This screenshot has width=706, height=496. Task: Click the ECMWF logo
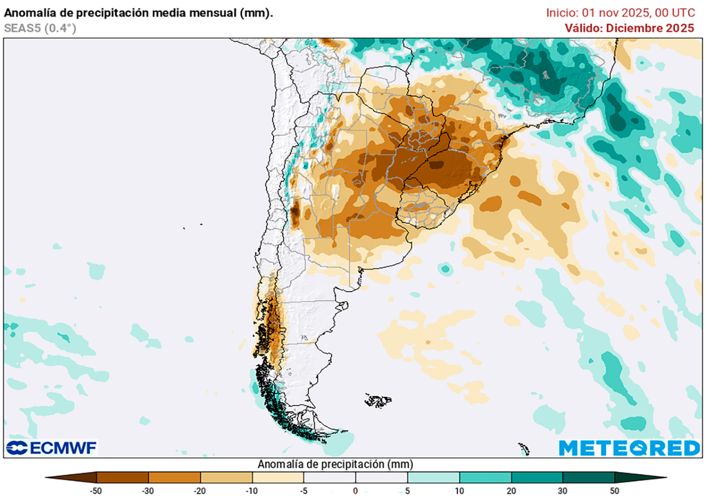point(52,448)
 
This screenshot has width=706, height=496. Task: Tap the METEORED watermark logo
point(629,448)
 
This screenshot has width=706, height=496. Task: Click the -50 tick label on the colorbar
point(97,490)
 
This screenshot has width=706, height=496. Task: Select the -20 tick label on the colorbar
point(201,490)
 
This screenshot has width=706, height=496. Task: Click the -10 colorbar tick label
point(252,490)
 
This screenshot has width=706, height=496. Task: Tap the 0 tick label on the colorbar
point(356,490)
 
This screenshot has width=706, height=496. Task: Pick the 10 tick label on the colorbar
point(459,490)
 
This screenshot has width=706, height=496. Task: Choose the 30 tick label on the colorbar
point(563,490)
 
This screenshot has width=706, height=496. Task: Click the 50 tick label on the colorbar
point(614,490)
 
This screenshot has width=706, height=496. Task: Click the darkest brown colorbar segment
point(76,477)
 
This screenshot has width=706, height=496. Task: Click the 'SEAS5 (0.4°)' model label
point(40,28)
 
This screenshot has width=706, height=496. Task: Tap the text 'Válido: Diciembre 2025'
point(629,28)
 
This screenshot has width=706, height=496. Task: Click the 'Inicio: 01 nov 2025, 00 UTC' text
point(620,12)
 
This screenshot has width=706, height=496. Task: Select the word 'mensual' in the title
point(208,12)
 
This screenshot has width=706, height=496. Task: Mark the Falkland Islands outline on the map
point(378,400)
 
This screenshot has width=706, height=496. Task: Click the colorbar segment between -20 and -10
point(226,477)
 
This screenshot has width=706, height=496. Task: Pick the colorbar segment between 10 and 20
point(485,477)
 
